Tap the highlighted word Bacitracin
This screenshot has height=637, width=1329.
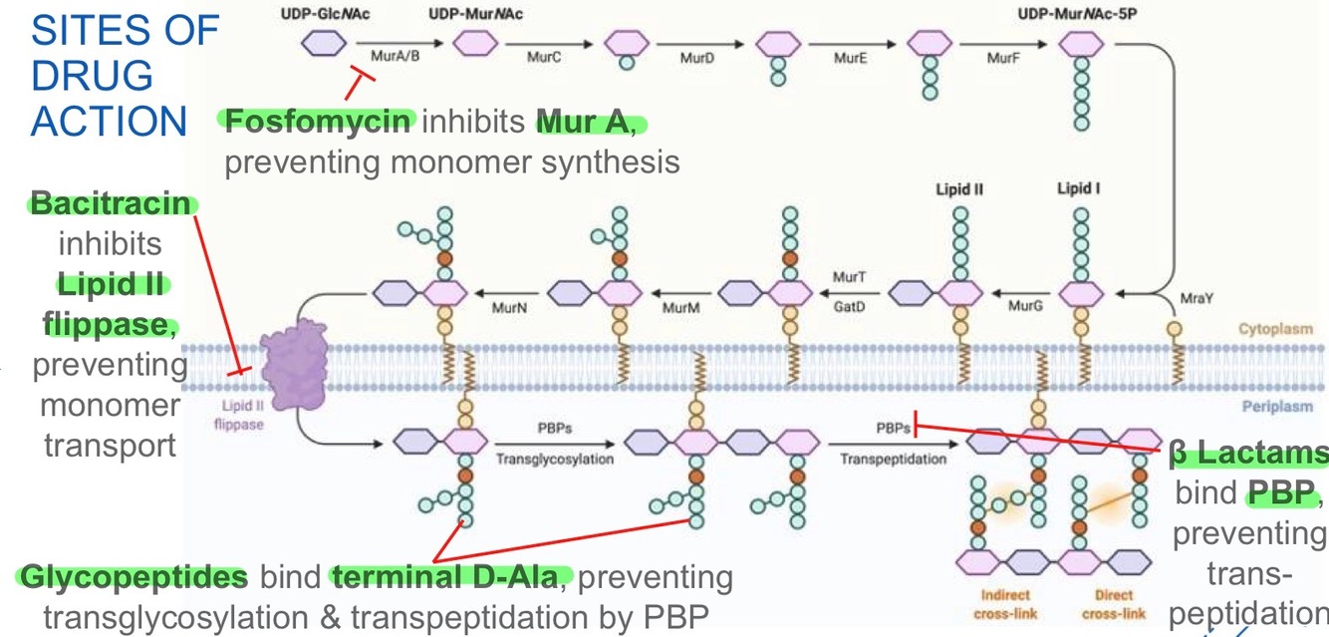pos(110,204)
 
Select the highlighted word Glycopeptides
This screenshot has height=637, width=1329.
pos(133,577)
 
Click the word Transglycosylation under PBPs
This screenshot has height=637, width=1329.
pos(554,460)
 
